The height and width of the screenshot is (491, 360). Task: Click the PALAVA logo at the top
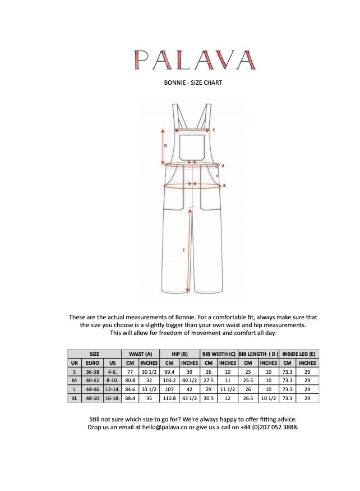pyautogui.click(x=193, y=59)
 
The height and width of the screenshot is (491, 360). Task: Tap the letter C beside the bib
pyautogui.click(x=214, y=130)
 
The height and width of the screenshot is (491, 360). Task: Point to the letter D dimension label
pyautogui.click(x=165, y=145)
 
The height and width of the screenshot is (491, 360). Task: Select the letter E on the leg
pyautogui.click(x=184, y=250)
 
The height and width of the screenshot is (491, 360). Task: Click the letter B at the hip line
pyautogui.click(x=224, y=185)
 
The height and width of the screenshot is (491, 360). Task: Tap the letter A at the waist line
pyautogui.click(x=223, y=166)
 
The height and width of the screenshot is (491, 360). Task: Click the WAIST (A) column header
pyautogui.click(x=140, y=354)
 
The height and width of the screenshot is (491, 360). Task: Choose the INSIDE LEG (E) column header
pyautogui.click(x=299, y=354)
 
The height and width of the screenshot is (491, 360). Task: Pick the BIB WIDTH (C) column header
pyautogui.click(x=219, y=354)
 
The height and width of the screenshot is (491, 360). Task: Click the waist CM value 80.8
pyautogui.click(x=131, y=380)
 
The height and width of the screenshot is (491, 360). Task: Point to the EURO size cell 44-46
pyautogui.click(x=93, y=389)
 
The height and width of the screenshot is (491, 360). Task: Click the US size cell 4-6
pyautogui.click(x=113, y=371)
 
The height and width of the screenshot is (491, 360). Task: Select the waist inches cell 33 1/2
pyautogui.click(x=149, y=389)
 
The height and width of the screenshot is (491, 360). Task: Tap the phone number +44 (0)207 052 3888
pyautogui.click(x=270, y=428)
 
